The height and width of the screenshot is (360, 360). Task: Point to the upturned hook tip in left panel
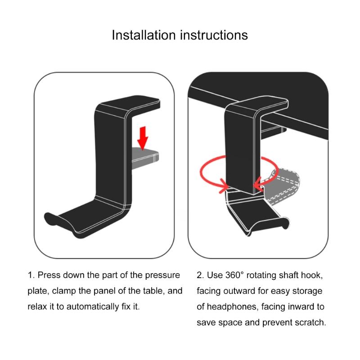point(51,220)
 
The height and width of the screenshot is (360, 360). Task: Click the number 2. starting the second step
point(200,275)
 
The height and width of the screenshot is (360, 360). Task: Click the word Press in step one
point(49,275)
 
